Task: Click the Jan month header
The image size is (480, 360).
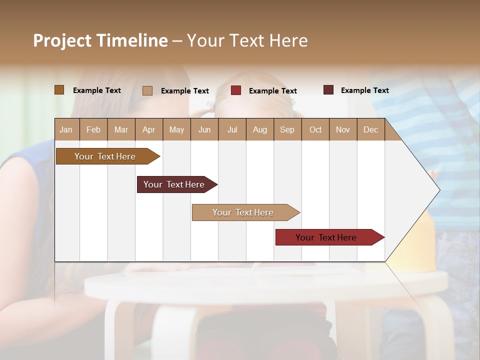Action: tap(66, 129)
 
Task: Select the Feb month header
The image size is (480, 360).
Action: tap(93, 129)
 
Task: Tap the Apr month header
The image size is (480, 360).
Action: tap(148, 129)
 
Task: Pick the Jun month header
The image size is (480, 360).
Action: tap(204, 129)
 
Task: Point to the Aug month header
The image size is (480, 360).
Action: tap(259, 129)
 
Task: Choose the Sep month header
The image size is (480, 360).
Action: tap(287, 129)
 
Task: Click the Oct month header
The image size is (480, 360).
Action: tap(315, 129)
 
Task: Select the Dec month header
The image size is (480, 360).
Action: tap(370, 129)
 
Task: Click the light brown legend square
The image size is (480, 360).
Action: tap(59, 90)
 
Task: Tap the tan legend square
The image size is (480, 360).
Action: tap(147, 90)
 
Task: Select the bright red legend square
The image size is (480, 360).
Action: tap(235, 90)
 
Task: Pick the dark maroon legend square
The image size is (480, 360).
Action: tap(328, 90)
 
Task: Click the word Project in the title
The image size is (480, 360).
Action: tap(62, 40)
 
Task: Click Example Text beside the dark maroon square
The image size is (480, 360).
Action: tap(364, 90)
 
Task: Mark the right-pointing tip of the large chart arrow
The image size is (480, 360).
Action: tap(439, 190)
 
